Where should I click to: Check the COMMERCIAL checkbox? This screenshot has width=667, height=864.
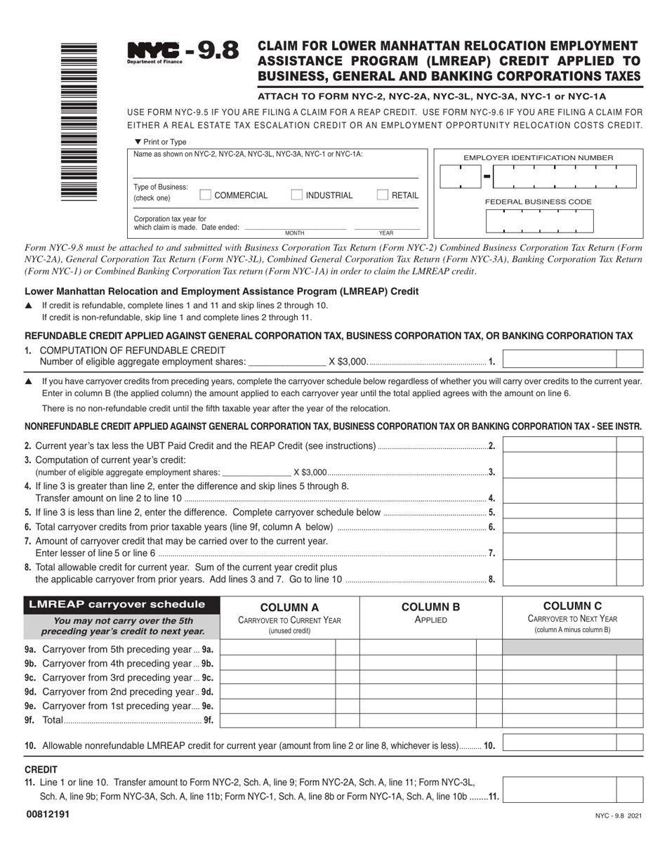pos(206,195)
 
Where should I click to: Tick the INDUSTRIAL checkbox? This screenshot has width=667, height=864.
pos(297,195)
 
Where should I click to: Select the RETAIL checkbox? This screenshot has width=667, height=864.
pos(383,195)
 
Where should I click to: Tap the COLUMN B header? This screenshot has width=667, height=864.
pos(430,607)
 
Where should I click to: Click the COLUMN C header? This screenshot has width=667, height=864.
pos(572,606)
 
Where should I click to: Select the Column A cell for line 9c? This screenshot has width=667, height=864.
pos(278,677)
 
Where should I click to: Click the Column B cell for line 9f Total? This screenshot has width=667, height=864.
pos(418,720)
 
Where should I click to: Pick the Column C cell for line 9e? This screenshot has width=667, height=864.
pos(559,706)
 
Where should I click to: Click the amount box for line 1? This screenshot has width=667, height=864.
pos(560,358)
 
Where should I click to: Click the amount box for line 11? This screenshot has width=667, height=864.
pos(560,789)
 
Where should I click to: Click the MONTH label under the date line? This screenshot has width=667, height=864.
pos(295,233)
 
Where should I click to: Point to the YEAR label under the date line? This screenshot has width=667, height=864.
pos(386,233)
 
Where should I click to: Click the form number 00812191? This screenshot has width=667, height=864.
pos(47,814)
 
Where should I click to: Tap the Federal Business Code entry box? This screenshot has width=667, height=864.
pos(539,221)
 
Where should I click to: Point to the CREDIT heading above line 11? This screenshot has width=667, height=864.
pos(41,769)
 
